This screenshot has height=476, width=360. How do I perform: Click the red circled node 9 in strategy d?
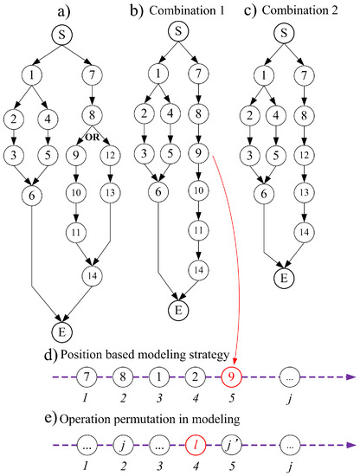(x=235, y=377)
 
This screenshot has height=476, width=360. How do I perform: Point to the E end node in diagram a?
(x=67, y=328)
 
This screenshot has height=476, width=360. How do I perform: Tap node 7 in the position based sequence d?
(x=87, y=377)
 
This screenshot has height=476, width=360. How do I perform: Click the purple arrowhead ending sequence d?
(x=349, y=377)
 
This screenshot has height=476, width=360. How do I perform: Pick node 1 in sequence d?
(x=162, y=377)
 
